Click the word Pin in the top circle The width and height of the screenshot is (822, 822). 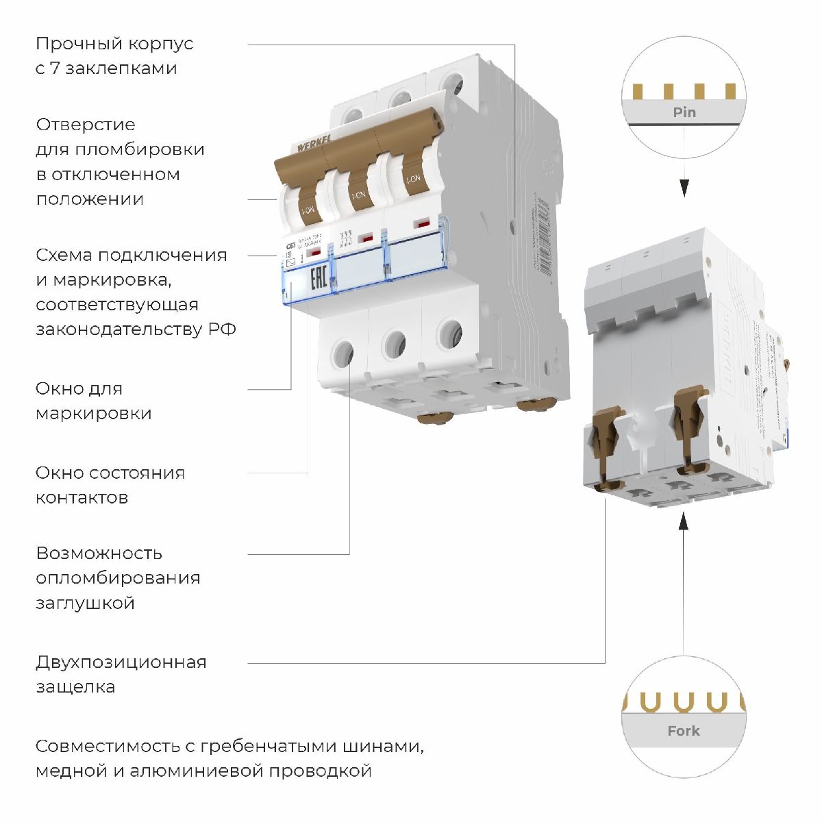coord(684,112)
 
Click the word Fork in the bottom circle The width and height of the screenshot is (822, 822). coord(683,731)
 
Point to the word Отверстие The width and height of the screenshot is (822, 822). coord(86,125)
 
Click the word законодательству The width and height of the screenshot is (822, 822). coord(119,329)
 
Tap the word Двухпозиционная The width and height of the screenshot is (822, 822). coord(121,662)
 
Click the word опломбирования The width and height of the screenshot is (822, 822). coord(118,578)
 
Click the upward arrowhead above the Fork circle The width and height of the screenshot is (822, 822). coord(683,523)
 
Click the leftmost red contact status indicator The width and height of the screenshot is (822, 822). coord(314,253)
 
